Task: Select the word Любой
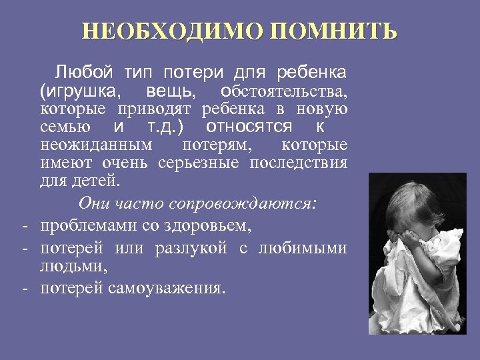pyautogui.click(x=78, y=71)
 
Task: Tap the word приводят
pyautogui.click(x=156, y=108)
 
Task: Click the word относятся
pyautogui.click(x=249, y=127)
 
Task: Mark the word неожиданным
pyautogui.click(x=96, y=145)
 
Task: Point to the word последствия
pyautogui.click(x=299, y=163)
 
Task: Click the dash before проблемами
pyautogui.click(x=23, y=225)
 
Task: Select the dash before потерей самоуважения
pyautogui.click(x=23, y=288)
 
